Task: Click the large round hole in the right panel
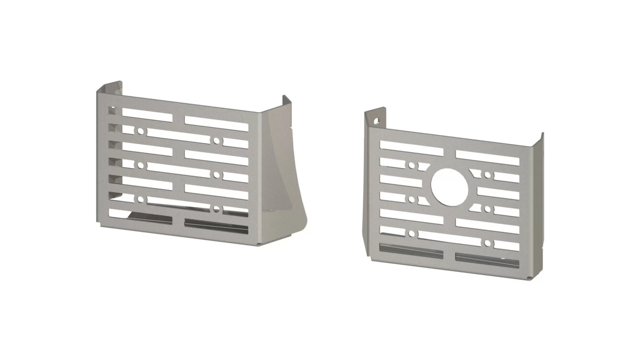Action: pos(450,187)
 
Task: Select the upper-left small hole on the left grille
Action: pos(140,131)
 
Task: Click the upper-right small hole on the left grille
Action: pos(217,141)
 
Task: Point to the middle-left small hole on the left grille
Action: pos(140,165)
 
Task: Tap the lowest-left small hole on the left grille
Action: pos(140,200)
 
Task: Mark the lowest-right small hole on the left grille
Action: pos(217,209)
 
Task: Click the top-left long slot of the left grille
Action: pos(147,115)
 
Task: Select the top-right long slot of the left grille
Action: pos(216,123)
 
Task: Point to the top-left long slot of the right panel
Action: pos(411,148)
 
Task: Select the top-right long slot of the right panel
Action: pos(487,158)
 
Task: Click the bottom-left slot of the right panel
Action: pos(411,251)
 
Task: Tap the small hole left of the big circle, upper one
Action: pos(412,165)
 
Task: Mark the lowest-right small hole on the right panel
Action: pos(488,243)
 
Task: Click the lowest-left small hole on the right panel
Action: pos(412,233)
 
